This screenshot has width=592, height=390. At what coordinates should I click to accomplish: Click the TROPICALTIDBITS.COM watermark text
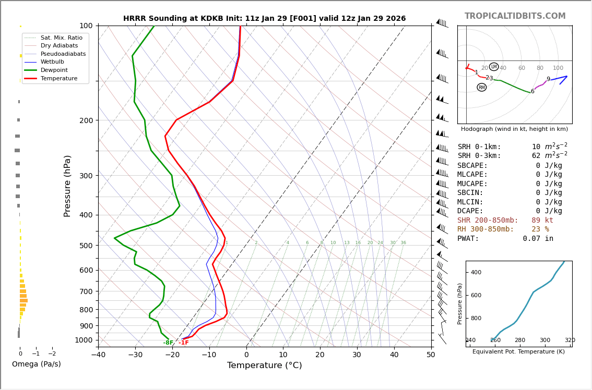[515, 16]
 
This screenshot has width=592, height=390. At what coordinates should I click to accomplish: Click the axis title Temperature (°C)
[264, 365]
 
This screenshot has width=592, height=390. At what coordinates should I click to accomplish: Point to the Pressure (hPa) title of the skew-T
[67, 186]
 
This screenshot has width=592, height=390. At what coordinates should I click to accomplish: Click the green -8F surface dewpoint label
[168, 343]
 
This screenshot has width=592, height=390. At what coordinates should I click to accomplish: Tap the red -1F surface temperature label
[184, 343]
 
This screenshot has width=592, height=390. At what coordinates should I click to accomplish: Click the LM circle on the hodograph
[494, 67]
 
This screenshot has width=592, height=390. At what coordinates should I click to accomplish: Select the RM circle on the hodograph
[481, 87]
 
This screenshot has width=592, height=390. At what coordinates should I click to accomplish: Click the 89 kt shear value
[542, 221]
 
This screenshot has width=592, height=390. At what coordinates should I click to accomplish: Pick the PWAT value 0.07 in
[538, 239]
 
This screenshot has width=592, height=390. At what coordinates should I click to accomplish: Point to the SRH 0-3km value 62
[537, 156]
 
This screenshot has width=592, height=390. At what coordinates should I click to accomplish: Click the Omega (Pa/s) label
[37, 364]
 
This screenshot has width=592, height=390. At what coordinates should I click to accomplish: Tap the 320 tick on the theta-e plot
[570, 340]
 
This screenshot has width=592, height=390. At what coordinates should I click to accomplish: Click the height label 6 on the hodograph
[532, 92]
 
